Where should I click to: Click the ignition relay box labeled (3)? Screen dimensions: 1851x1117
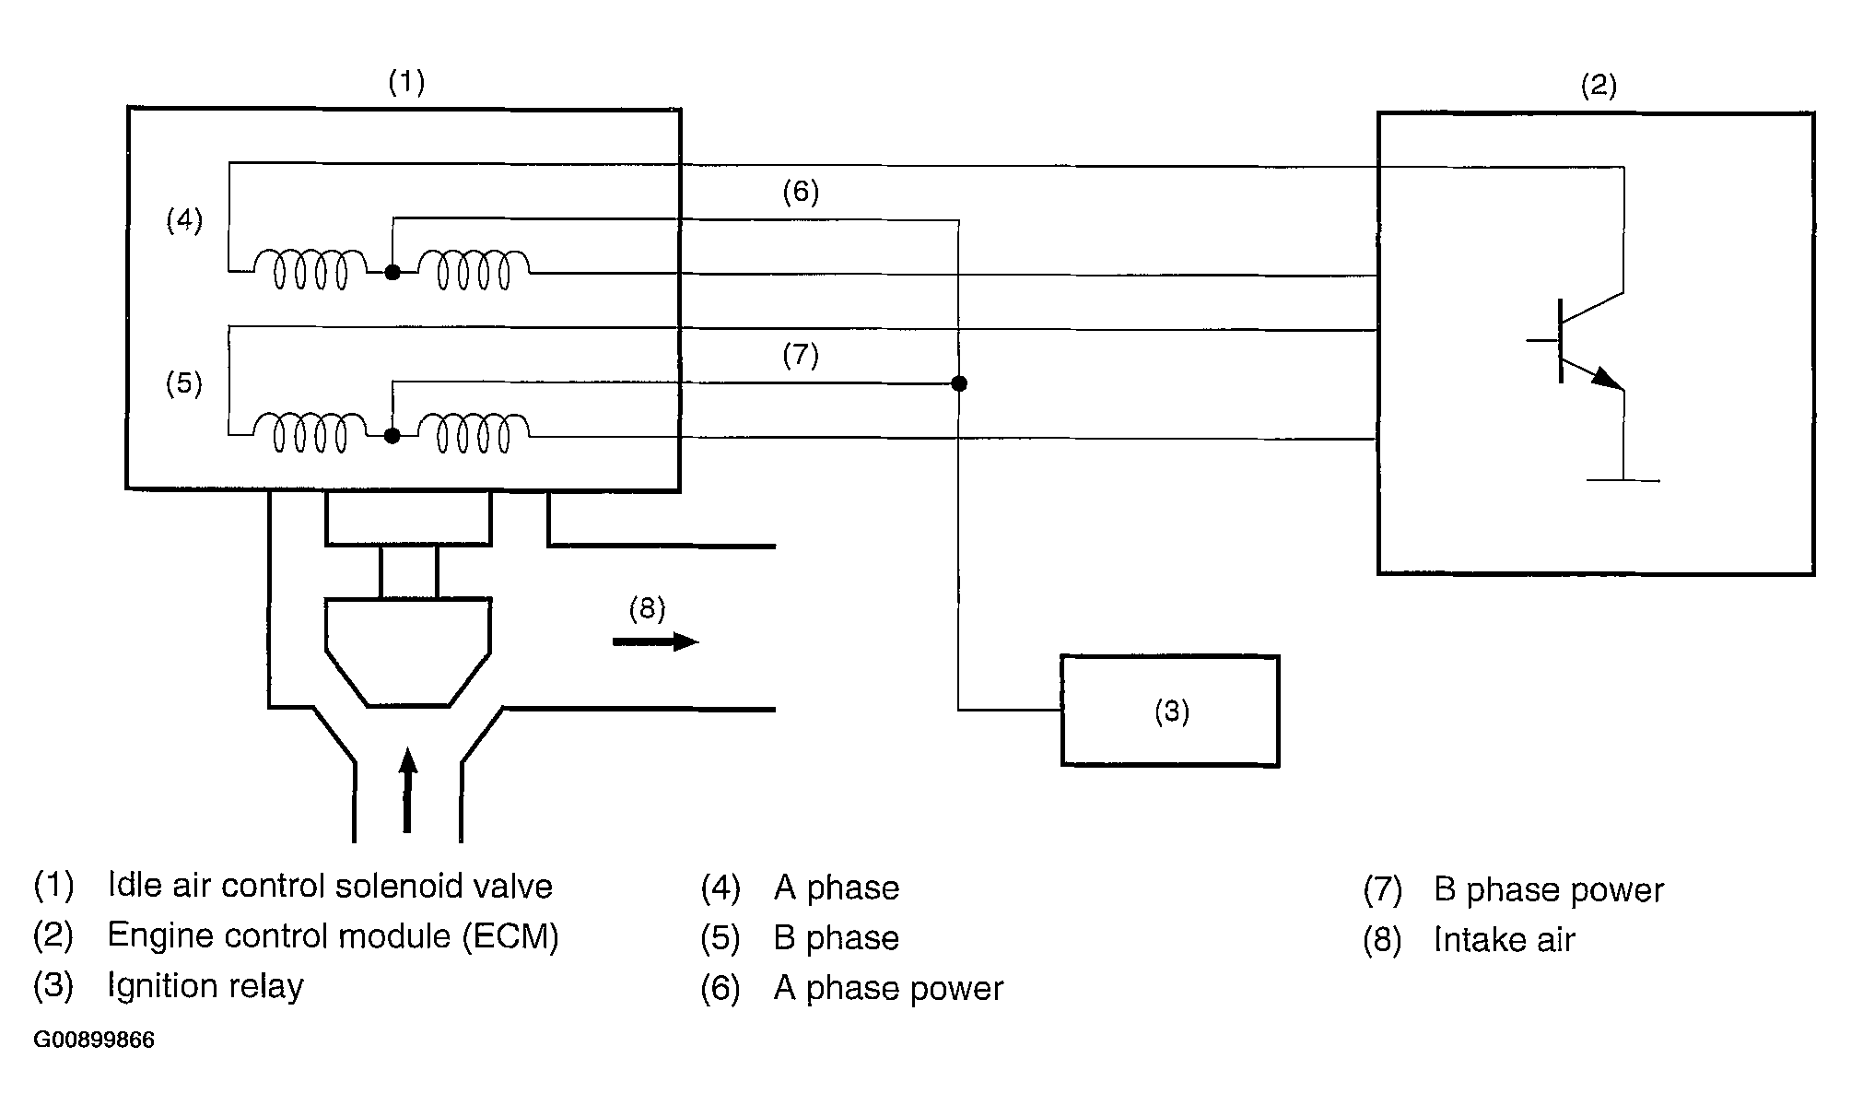[1170, 711]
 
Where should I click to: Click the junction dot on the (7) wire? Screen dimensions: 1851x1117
[959, 383]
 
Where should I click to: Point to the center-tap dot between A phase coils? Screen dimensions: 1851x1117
[392, 273]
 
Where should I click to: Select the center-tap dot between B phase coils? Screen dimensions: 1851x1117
[392, 436]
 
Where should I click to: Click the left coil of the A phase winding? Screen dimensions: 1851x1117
[310, 269]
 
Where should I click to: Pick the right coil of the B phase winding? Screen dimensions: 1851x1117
[474, 433]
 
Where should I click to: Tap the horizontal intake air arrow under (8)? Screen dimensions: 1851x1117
[656, 641]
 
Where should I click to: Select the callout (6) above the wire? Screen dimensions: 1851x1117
[801, 192]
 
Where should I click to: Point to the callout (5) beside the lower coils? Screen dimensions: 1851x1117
[184, 382]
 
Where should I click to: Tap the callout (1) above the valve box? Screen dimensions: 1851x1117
[406, 83]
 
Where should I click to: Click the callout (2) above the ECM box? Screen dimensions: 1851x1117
[1599, 86]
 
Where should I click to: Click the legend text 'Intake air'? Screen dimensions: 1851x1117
[1505, 940]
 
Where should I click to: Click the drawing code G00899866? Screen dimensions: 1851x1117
[94, 1041]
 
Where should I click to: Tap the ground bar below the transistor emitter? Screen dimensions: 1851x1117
[1623, 480]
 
